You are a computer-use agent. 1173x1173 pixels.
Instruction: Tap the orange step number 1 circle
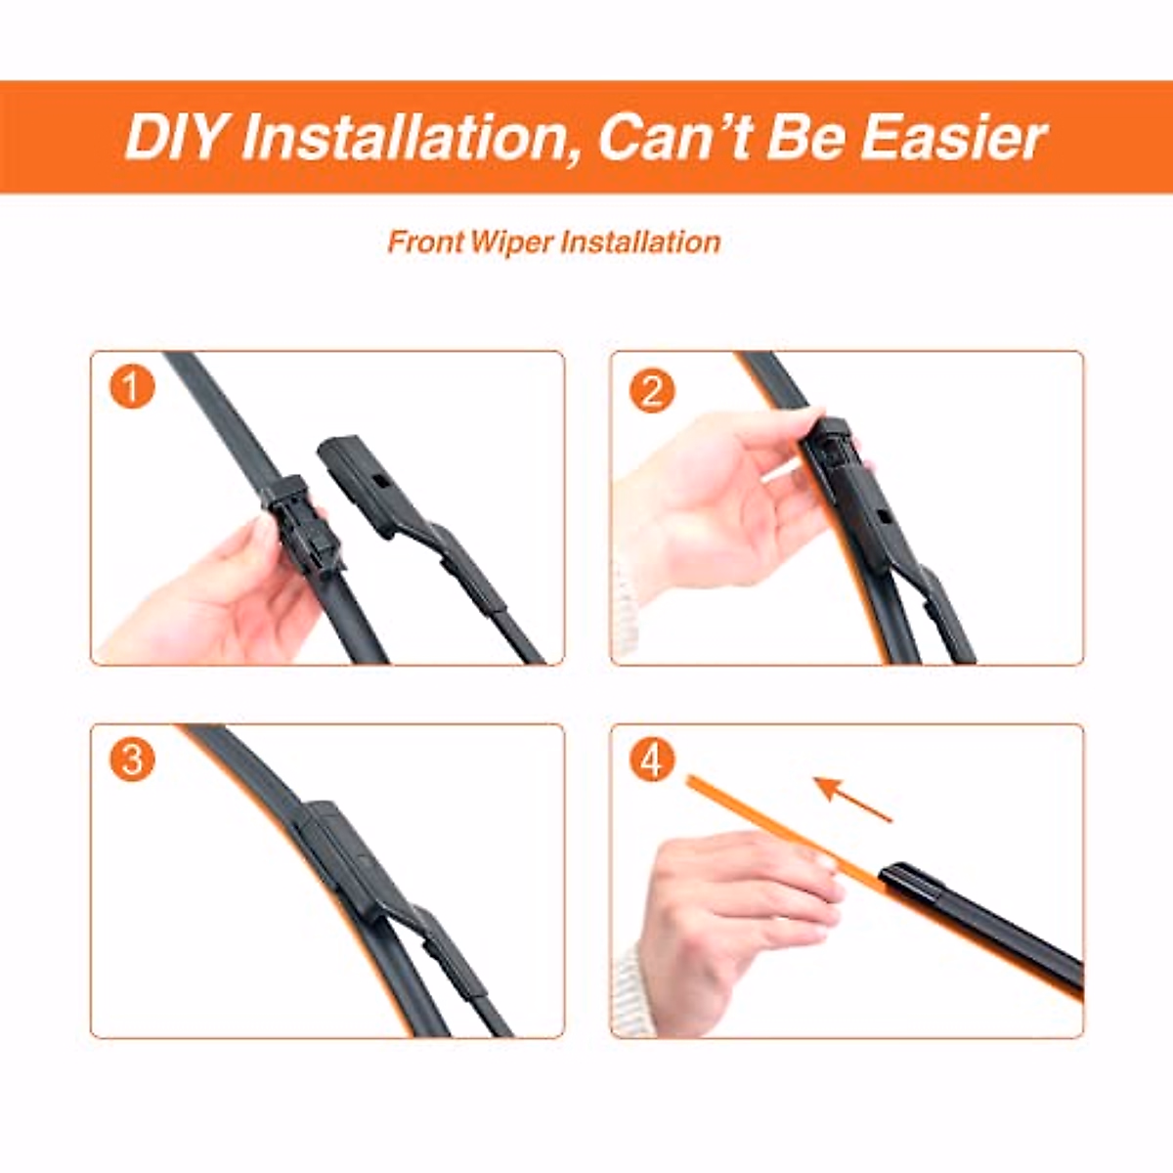[x=132, y=388]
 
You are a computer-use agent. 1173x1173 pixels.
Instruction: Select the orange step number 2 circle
[x=652, y=391]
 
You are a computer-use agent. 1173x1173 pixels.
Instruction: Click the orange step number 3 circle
[x=132, y=760]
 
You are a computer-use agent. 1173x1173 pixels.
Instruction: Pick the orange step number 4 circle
[x=652, y=760]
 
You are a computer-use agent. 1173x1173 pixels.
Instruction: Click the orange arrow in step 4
[x=852, y=798]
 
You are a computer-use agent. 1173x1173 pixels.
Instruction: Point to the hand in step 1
[x=220, y=596]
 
